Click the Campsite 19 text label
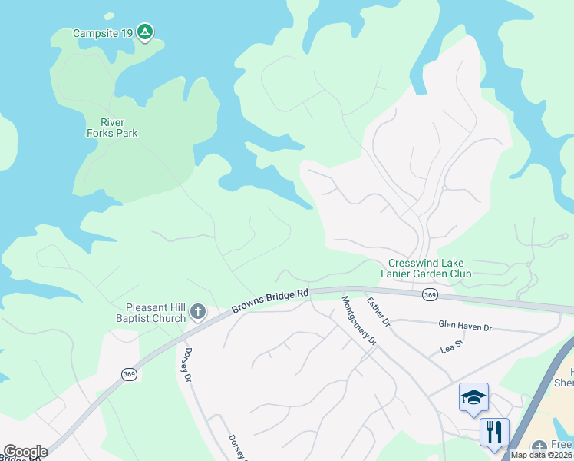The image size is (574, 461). pyautogui.click(x=104, y=33)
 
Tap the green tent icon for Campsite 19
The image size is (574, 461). pyautogui.click(x=145, y=32)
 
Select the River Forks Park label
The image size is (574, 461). pyautogui.click(x=111, y=128)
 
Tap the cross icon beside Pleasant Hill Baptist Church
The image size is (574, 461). pyautogui.click(x=198, y=312)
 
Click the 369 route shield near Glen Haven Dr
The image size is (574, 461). pyautogui.click(x=430, y=294)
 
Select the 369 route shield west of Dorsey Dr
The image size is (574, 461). pyautogui.click(x=129, y=374)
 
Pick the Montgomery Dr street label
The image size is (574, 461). pyautogui.click(x=360, y=320)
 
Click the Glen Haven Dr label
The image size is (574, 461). pyautogui.click(x=464, y=327)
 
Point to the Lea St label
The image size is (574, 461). pyautogui.click(x=452, y=347)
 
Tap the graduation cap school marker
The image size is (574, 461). pyautogui.click(x=473, y=397)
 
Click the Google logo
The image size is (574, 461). pyautogui.click(x=25, y=452)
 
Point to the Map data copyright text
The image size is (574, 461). pyautogui.click(x=541, y=455)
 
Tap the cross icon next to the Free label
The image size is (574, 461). pyautogui.click(x=539, y=446)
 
